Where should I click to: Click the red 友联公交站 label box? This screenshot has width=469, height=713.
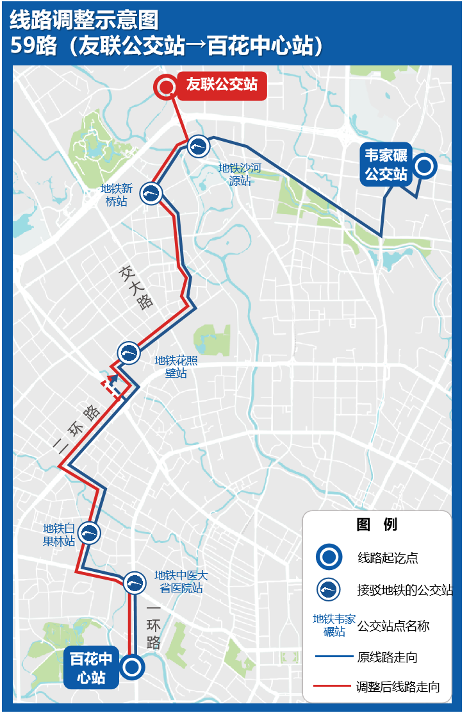[222, 84]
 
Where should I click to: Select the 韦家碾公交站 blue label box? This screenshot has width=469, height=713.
[386, 165]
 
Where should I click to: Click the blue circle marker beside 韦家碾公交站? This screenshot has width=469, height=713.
[424, 167]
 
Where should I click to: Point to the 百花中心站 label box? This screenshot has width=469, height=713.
[91, 668]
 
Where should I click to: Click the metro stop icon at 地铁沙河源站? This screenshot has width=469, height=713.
[199, 146]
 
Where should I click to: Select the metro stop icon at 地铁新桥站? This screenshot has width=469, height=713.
[151, 192]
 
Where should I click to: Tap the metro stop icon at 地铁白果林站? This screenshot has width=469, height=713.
[89, 532]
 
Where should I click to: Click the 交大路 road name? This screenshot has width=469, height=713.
[136, 287]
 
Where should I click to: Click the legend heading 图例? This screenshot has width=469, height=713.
[377, 524]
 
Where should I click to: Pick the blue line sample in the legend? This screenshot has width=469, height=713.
[333, 657]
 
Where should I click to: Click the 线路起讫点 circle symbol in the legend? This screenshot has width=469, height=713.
[329, 557]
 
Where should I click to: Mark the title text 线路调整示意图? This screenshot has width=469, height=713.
[83, 21]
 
